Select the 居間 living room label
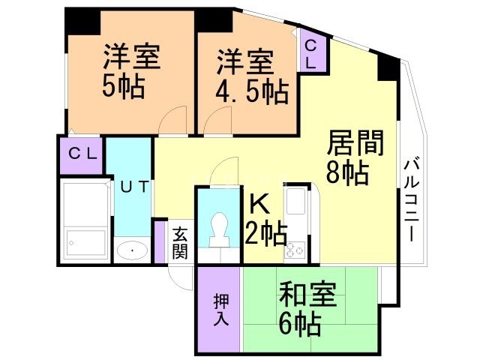[x=356, y=142]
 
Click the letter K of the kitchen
[x=257, y=205]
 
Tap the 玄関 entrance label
[x=179, y=242]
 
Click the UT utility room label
[x=134, y=187]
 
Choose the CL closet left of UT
[x=82, y=154]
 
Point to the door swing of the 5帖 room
[x=174, y=120]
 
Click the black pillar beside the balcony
[x=388, y=68]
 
